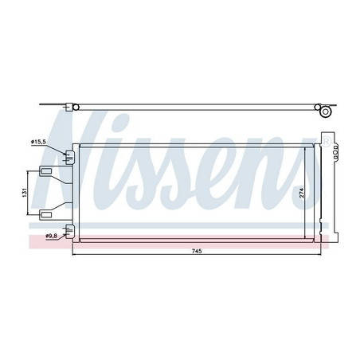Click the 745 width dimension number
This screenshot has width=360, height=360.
click(x=197, y=251)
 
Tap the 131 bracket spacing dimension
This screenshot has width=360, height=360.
click(x=25, y=192)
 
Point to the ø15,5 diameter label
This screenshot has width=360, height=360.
click(x=40, y=142)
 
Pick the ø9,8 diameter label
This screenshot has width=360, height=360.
click(x=53, y=236)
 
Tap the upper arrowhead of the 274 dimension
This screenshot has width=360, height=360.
click(x=307, y=148)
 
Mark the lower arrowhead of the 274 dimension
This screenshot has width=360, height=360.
click(x=307, y=236)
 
